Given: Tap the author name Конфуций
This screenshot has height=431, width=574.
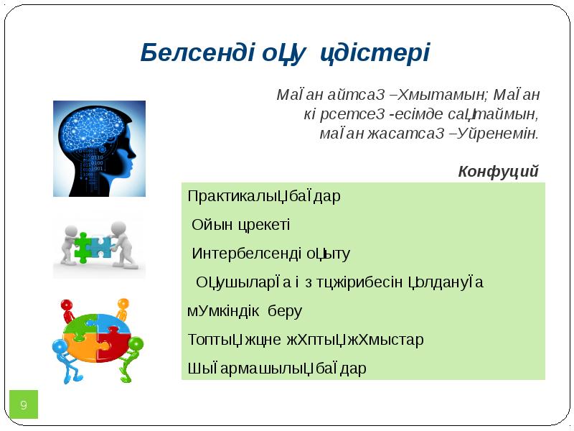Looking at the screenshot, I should pyautogui.click(x=498, y=171).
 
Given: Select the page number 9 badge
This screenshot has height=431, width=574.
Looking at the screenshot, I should pyautogui.click(x=23, y=406).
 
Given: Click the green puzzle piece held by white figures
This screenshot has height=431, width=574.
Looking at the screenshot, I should pyautogui.click(x=83, y=246).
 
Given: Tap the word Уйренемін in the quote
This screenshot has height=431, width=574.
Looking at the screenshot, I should pyautogui.click(x=502, y=133).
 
